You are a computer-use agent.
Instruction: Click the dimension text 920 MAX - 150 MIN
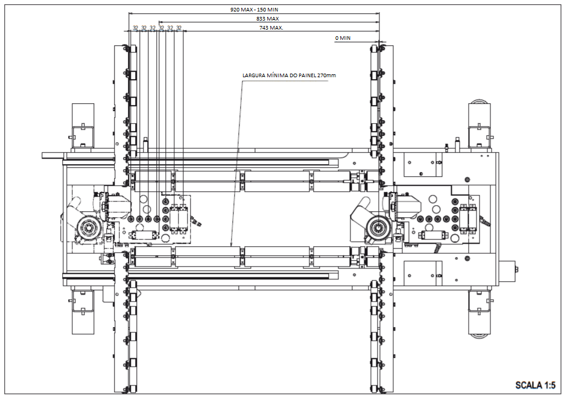point(254,10)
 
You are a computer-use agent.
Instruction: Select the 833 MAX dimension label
point(268,19)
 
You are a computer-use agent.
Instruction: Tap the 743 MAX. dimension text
point(271,28)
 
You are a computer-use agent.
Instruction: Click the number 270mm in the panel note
point(326,75)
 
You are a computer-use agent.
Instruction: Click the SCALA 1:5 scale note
point(534,385)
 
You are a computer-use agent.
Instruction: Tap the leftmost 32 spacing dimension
point(136,28)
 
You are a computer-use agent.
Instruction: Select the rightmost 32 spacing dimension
point(179,28)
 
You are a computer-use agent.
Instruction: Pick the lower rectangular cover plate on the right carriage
point(422,270)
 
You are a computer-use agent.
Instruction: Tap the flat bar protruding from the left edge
point(52,155)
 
